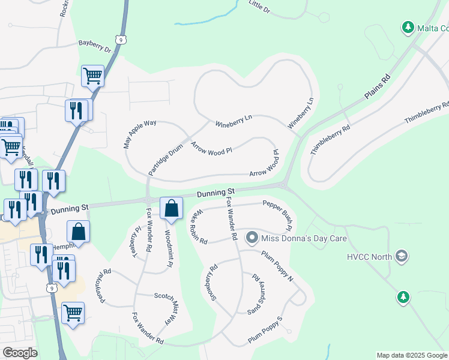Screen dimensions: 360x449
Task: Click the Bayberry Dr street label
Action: click(95, 46)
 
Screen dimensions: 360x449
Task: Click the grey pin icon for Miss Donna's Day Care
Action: click(253, 238)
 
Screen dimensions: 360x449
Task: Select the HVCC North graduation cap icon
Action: click(401, 257)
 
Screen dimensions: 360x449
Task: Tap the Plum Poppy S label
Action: click(265, 331)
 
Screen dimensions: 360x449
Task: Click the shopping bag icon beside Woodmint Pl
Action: click(171, 209)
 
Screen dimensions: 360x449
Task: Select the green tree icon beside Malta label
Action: click(408, 28)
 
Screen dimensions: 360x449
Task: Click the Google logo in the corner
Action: click(19, 353)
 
